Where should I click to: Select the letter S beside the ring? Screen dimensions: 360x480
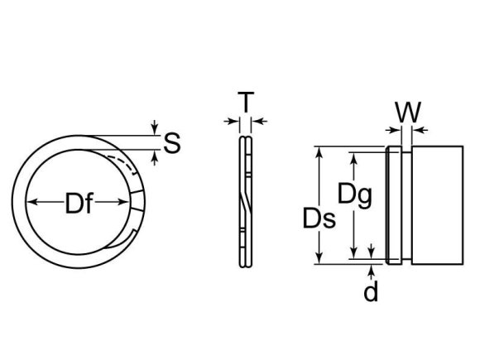[171, 143]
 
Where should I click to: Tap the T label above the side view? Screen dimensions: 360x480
[244, 103]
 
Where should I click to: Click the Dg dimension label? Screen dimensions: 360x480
[355, 195]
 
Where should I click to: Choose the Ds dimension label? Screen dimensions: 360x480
[319, 218]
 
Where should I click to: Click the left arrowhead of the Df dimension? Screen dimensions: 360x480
[32, 203]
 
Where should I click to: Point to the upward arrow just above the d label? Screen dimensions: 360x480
[372, 270]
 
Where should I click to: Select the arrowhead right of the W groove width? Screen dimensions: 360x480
[417, 129]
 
